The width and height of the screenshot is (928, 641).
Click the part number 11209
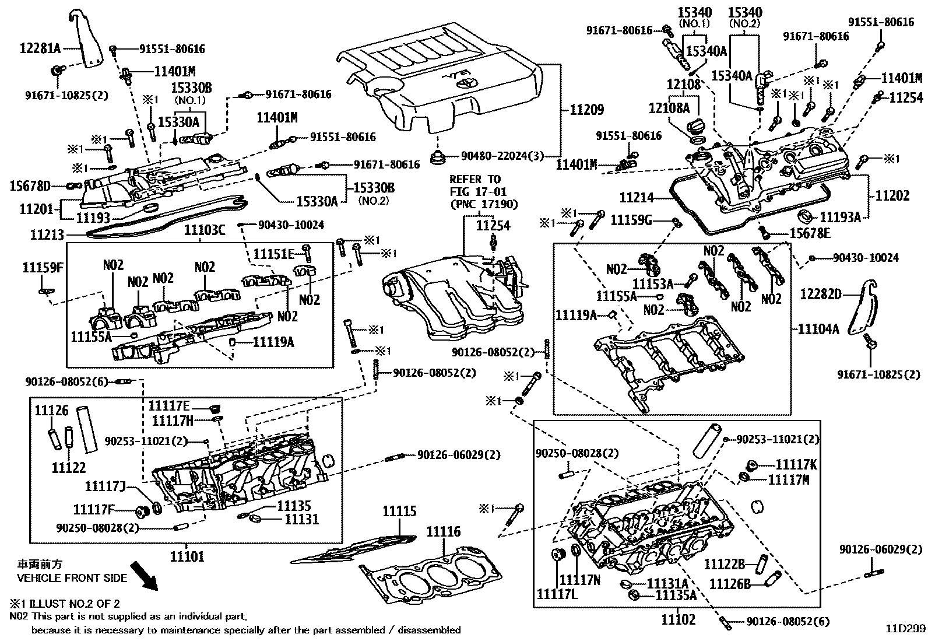pos(586,110)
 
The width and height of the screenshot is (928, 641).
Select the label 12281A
pos(33,48)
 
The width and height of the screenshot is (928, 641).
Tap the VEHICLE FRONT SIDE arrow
pos(144,575)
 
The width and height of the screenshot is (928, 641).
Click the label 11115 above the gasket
pos(399,512)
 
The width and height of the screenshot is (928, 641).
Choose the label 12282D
pos(821,294)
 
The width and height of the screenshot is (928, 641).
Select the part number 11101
pos(187,556)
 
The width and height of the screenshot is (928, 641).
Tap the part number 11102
pos(678,619)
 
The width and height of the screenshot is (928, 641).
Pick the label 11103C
pos(205,230)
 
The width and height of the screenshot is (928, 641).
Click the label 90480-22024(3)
pos(502,156)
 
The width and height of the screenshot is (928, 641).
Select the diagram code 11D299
pos(905,629)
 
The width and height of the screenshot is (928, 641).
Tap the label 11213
pos(45,235)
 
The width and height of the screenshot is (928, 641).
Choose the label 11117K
pos(796,464)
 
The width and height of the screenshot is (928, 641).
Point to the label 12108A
pos(669,108)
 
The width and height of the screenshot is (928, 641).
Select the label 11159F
pos(43,268)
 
